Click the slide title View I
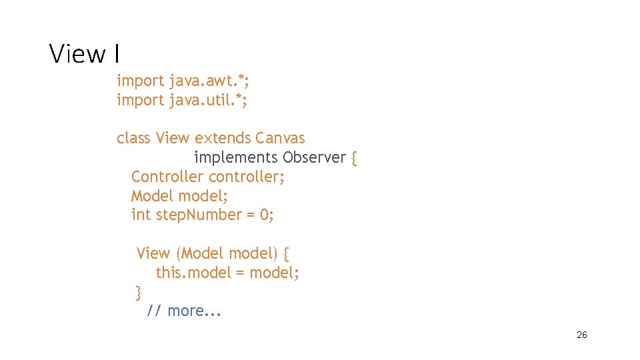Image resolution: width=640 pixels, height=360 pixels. pos(84,53)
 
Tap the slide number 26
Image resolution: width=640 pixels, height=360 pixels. pos(581,335)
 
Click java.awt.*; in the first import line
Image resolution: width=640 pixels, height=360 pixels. pos(210,81)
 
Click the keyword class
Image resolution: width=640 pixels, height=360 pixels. pos(133,138)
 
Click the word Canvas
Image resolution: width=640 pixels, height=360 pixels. pos(280,138)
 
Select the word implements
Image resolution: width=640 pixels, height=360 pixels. pos(236,157)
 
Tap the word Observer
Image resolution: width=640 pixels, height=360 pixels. pos(314,157)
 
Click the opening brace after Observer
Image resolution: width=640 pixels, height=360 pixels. pos(354,158)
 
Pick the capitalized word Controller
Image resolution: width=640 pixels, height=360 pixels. pos(167,177)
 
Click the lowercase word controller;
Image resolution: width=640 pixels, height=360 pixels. pos(247,177)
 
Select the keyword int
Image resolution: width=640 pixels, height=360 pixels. pos(141,215)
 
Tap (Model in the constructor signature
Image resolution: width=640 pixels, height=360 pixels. pos(200,253)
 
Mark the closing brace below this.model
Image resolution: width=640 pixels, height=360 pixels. pos(139,292)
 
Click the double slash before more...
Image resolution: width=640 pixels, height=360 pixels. pos(154,311)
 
